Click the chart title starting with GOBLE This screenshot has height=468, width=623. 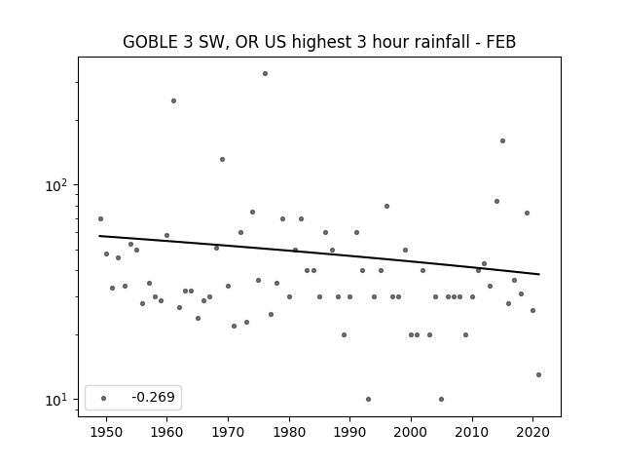[319, 42]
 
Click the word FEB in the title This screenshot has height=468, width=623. [501, 42]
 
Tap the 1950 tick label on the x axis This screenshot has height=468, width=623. [106, 432]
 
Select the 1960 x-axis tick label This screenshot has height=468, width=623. [166, 432]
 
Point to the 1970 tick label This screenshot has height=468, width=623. [228, 432]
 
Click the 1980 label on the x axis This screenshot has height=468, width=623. [289, 432]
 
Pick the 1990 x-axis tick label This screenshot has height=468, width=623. [350, 432]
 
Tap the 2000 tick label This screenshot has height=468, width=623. [411, 432]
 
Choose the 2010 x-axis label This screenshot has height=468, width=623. [472, 432]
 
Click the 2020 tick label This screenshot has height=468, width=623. [533, 432]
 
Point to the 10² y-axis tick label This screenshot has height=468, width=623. [56, 185]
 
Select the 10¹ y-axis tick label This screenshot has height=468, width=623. [56, 400]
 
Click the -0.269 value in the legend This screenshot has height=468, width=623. [154, 397]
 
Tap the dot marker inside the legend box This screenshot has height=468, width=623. [104, 398]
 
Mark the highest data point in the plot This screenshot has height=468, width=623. [265, 74]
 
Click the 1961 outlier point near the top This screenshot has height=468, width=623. [173, 101]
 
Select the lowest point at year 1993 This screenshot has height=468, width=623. [368, 399]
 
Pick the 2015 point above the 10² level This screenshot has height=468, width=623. [502, 140]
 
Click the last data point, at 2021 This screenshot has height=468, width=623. [538, 374]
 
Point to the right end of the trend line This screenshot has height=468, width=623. [539, 274]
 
